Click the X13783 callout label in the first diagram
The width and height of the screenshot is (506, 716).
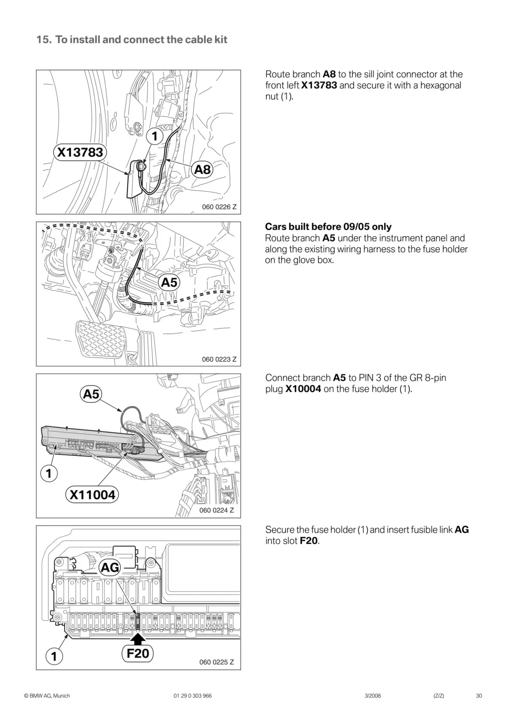[80, 152]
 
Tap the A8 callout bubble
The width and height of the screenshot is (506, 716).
[202, 169]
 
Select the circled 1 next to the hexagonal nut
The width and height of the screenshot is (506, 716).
[155, 136]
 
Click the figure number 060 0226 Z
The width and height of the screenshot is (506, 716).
[219, 207]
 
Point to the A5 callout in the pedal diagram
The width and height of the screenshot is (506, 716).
[169, 282]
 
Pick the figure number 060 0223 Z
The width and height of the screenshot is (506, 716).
[219, 359]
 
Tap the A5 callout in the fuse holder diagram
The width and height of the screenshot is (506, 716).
[91, 394]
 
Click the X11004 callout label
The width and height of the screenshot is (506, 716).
[93, 495]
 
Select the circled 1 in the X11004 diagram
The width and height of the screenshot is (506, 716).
[49, 474]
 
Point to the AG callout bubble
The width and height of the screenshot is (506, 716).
[110, 567]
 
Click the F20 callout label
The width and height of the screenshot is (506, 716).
[138, 653]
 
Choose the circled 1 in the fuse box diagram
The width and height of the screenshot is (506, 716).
[54, 657]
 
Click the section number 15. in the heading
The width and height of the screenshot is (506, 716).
[44, 40]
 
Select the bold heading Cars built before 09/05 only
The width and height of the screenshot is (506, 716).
[328, 227]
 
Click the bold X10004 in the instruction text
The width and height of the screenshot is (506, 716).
[303, 389]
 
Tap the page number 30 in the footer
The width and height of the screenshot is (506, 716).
[479, 696]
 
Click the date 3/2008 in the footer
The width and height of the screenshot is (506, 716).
[372, 696]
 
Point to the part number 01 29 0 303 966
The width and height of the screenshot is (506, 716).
[192, 696]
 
